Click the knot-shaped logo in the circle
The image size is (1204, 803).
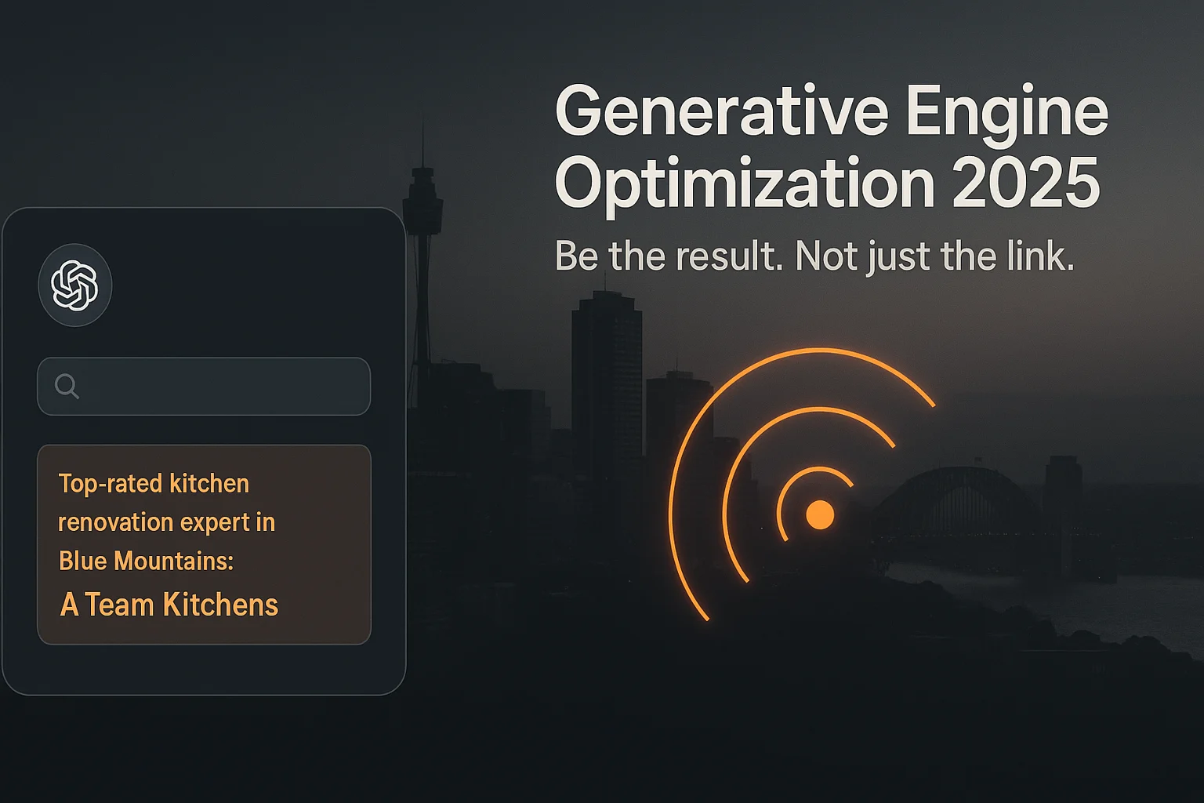coord(74,285)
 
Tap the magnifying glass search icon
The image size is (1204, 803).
coord(67,386)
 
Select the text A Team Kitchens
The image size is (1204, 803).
coord(169,605)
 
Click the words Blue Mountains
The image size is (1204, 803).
coord(146,561)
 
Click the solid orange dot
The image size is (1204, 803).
coord(820,514)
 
